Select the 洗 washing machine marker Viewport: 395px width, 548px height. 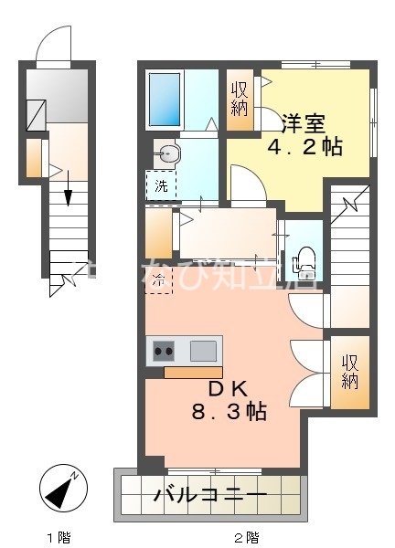pos(160,185)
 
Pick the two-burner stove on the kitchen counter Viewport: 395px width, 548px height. pos(165,351)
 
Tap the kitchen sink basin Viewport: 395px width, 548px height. pos(204,351)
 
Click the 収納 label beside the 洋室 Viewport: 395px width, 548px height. pos(240,99)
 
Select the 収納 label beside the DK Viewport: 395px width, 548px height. pos(350,371)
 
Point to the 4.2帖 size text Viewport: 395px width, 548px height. pos(304,146)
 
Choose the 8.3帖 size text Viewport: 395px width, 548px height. pos(228,412)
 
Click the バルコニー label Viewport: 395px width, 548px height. pos(209,499)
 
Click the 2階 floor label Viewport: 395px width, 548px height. pos(247,536)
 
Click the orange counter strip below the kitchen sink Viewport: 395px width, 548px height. pos(193,372)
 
